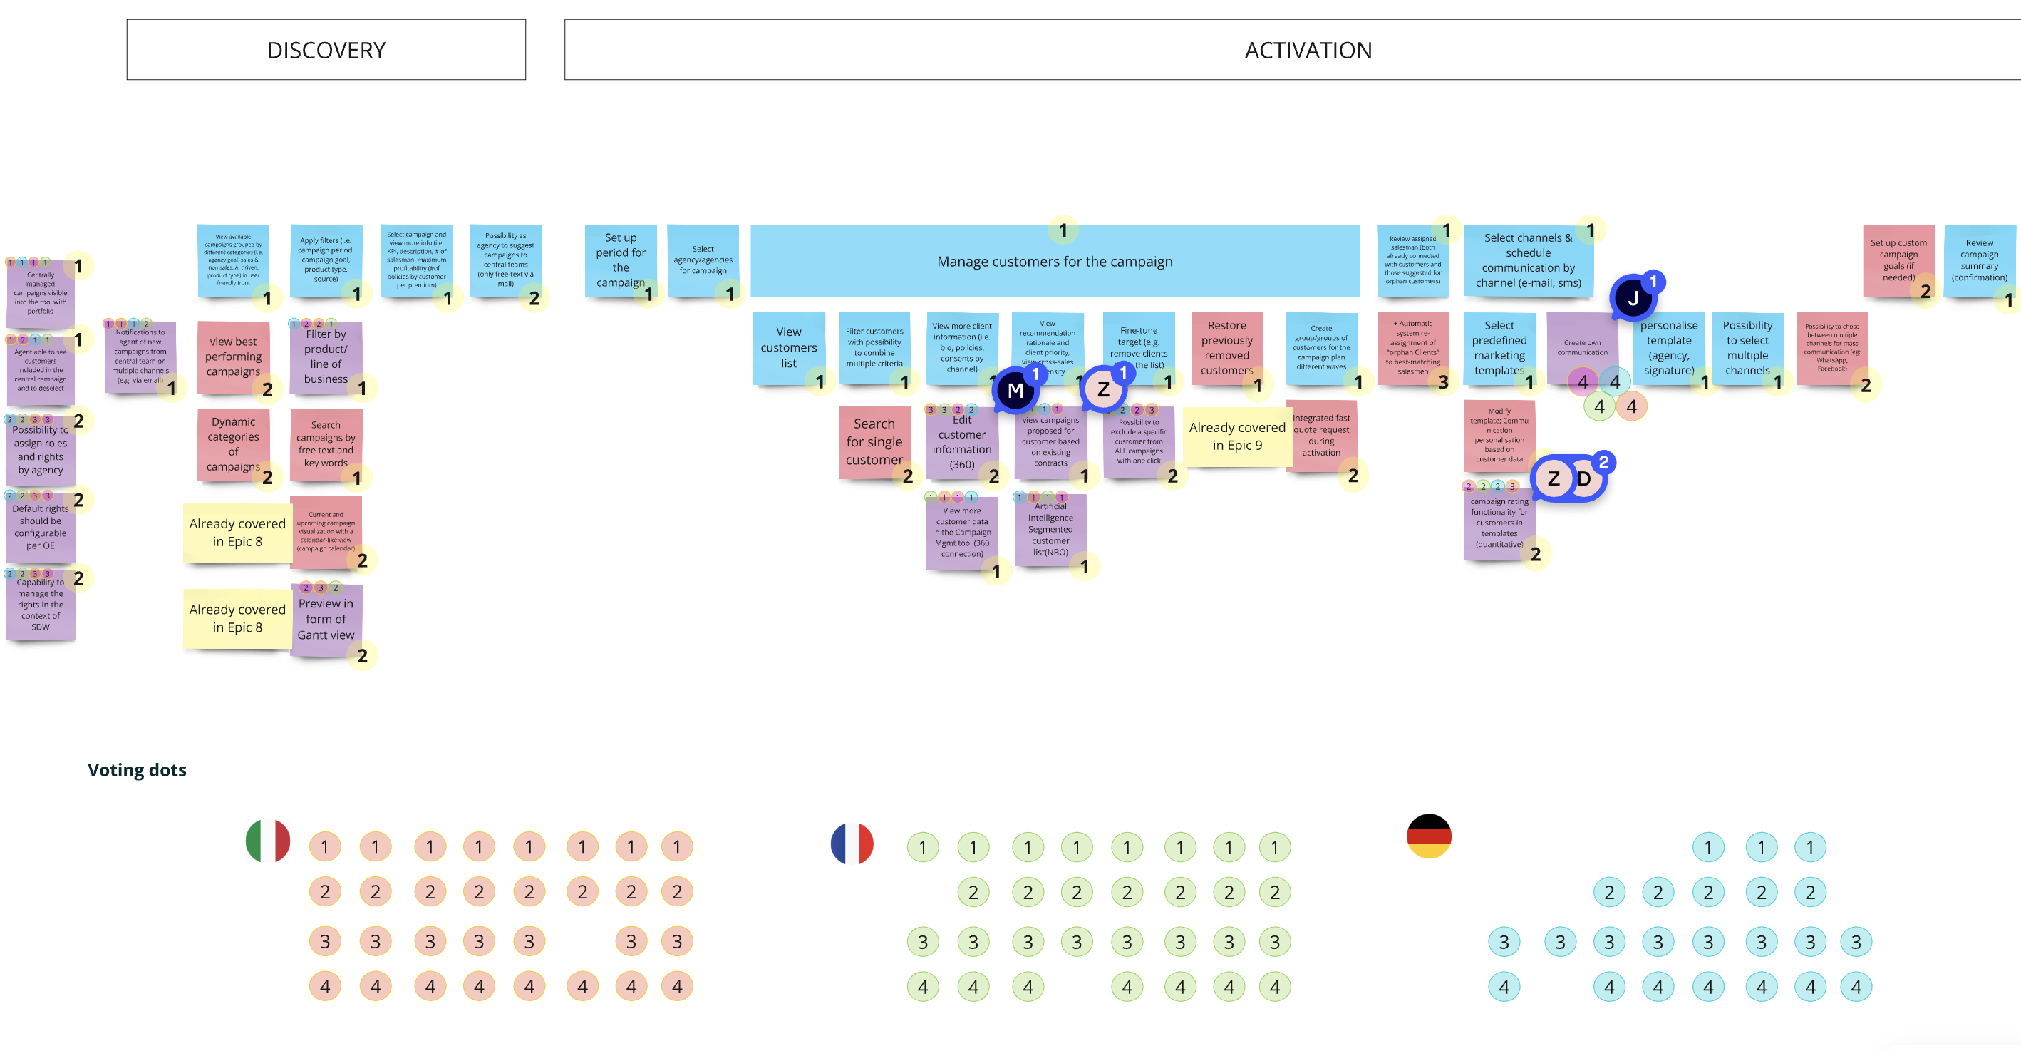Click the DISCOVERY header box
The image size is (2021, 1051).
click(326, 49)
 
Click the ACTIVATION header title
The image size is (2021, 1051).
click(1308, 50)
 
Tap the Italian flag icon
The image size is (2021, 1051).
click(267, 841)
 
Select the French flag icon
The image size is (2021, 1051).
click(852, 844)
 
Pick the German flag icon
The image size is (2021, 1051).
click(1429, 836)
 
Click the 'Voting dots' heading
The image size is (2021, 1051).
click(137, 769)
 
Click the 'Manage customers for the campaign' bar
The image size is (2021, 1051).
click(1054, 262)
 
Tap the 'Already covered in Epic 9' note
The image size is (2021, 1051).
click(1236, 436)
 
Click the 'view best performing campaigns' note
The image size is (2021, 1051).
click(232, 357)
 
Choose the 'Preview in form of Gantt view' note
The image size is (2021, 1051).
click(326, 620)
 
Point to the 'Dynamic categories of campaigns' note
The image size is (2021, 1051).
click(232, 444)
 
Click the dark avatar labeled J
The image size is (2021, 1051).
click(1632, 298)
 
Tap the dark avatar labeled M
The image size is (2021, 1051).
click(1015, 390)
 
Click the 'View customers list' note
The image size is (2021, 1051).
click(787, 347)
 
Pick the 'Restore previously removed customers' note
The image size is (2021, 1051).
click(1226, 347)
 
